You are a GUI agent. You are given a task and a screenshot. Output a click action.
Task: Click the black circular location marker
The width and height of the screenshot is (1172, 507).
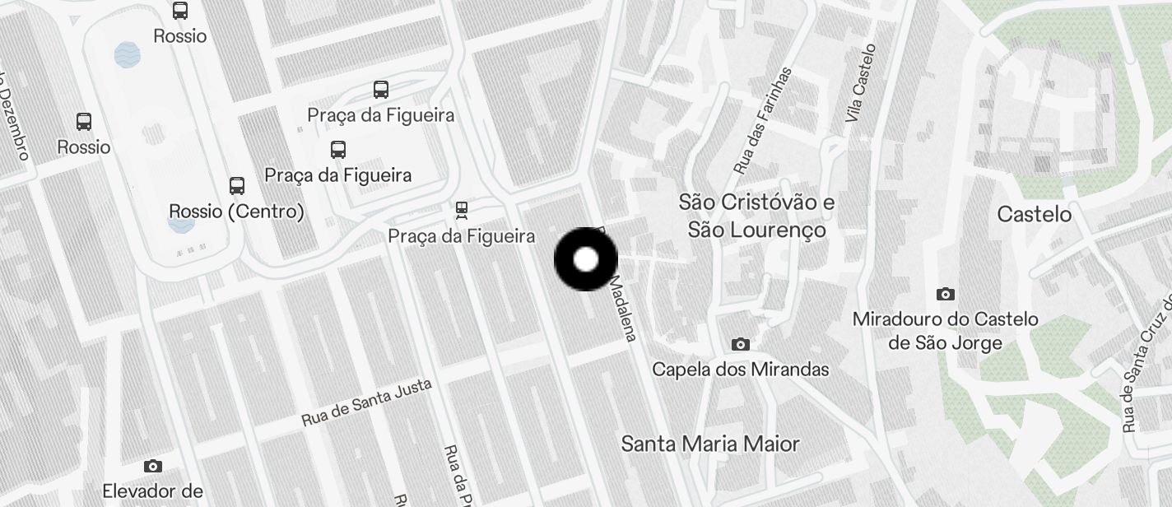pos(585,259)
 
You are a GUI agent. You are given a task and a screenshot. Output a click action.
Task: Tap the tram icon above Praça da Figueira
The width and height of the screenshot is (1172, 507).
pos(462,211)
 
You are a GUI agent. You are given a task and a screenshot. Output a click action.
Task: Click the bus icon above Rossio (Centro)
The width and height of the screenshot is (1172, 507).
pos(237,185)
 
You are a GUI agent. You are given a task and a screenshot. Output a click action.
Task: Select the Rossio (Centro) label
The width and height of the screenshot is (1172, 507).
pos(236,212)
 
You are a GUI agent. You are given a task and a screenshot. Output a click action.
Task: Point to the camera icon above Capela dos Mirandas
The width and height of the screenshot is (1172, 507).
pos(741,344)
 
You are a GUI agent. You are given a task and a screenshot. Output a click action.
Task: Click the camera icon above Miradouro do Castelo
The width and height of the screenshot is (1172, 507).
pos(946,294)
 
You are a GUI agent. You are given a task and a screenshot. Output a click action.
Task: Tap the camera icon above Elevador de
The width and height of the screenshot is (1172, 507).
pos(152,466)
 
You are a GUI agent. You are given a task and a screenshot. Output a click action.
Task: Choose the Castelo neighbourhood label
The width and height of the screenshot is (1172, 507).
pos(1034,215)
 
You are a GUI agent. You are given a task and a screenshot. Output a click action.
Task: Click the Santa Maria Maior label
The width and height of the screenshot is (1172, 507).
pos(710,444)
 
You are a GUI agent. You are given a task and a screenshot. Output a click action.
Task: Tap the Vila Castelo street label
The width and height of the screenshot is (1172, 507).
pos(861,84)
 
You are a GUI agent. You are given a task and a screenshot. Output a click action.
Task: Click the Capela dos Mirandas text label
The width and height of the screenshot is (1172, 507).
pos(740,370)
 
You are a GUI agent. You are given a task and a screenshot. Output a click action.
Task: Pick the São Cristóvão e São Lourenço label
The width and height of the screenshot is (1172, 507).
pos(757,216)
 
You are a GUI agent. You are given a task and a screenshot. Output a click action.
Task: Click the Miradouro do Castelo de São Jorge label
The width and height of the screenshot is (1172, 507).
pos(945,331)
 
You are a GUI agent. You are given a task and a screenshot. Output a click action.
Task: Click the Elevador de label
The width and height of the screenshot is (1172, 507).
pos(152,491)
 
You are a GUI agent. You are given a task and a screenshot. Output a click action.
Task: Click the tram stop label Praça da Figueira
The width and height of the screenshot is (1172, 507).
pos(461,237)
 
